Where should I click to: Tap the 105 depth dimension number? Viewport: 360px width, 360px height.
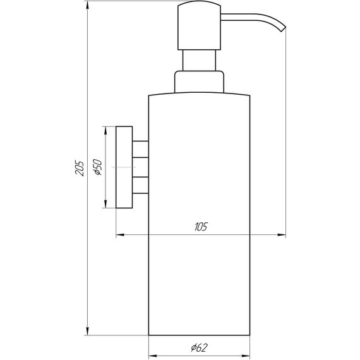coord(201,226)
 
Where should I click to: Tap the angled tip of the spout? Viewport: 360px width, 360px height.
coord(282,27)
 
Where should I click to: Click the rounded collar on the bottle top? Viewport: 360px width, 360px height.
coord(199,83)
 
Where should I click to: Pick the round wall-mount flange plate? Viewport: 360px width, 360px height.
coord(124,167)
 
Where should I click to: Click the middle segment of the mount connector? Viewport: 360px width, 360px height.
coord(141,167)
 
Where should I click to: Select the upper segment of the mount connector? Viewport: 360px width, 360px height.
coord(141,148)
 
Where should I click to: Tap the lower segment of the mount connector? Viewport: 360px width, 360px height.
coord(141,184)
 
